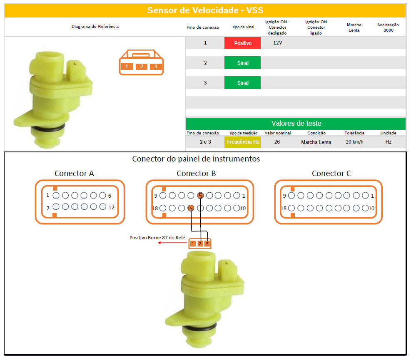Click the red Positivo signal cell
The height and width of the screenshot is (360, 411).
coord(242,43)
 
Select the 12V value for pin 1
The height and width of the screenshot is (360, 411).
coord(278,43)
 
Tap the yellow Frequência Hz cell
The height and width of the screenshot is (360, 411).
coord(242,142)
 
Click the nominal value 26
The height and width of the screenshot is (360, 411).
coord(277,142)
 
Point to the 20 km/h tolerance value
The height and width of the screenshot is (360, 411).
coord(354,142)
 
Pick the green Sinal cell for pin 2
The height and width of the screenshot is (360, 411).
coord(242,63)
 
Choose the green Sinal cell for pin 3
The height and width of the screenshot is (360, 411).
coord(242,83)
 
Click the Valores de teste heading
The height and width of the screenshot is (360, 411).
coord(296,124)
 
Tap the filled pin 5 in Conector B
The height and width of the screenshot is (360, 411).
coord(201,196)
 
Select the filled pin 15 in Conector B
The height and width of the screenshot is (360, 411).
coord(191,208)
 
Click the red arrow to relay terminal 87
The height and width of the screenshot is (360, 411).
coord(172,243)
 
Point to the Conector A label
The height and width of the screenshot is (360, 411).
coord(74,174)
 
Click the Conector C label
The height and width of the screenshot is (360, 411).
coord(331,174)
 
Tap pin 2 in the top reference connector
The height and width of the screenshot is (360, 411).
coord(142,67)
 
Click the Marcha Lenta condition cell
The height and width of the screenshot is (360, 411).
coord(316,142)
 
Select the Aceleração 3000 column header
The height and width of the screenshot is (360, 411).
coord(388,27)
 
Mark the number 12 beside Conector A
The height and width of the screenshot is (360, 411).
coord(112,208)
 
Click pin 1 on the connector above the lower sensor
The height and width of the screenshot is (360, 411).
coord(193,243)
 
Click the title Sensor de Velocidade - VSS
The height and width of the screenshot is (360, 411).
coord(205,10)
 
